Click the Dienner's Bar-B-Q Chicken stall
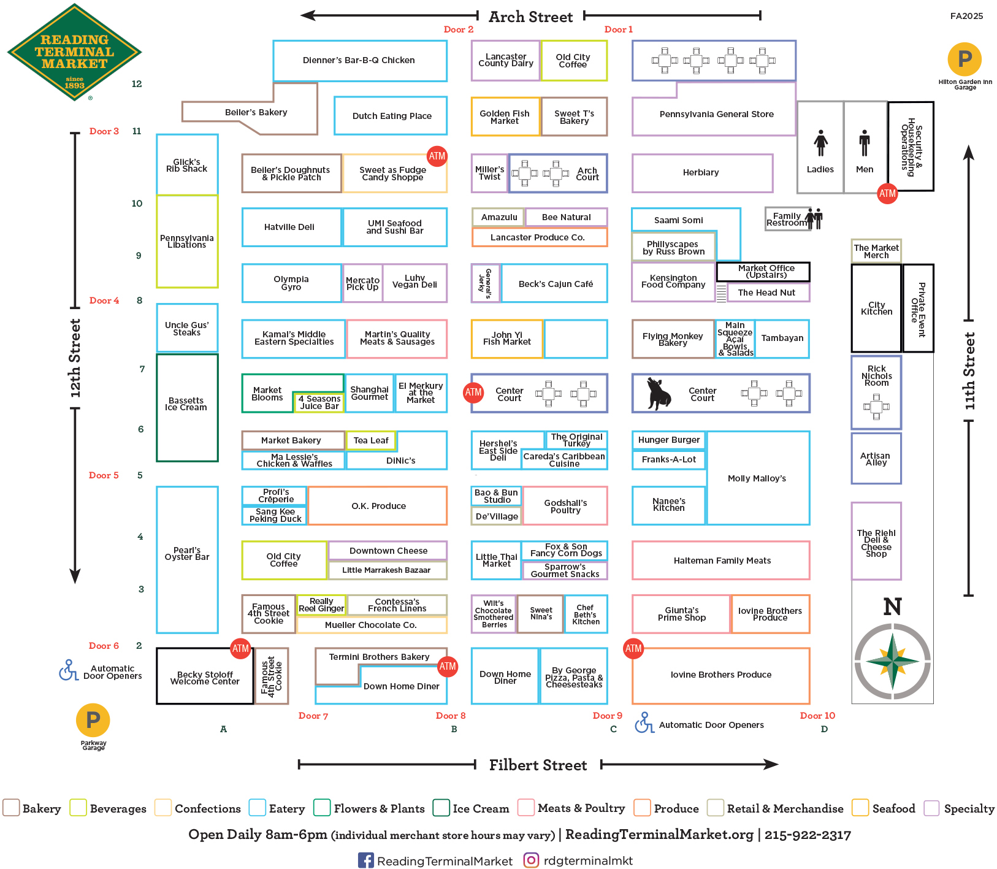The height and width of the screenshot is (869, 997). pos(359,60)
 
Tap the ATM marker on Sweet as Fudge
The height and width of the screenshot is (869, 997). pos(437,156)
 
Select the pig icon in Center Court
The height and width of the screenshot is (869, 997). pos(659,393)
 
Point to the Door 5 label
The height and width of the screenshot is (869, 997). pos(104,475)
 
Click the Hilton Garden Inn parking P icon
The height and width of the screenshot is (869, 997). pos(965,59)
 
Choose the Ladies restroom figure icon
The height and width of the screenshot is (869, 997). pos(820,143)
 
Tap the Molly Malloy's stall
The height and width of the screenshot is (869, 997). pos(757,478)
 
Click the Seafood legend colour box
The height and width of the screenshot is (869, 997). pos(860,808)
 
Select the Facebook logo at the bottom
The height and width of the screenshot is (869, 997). pos(365,860)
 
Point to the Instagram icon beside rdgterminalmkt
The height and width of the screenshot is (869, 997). pos(532,860)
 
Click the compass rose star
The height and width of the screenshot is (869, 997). pos(893,661)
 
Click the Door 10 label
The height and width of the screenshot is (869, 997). pos(817,716)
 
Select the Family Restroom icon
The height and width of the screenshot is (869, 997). pos(814,218)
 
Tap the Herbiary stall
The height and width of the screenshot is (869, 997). pos(701,173)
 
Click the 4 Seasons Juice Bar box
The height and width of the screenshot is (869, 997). pos(318,402)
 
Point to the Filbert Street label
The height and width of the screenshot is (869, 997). pos(538,765)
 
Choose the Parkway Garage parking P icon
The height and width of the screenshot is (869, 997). pos(93,720)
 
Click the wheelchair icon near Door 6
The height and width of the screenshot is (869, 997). pos(67,670)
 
